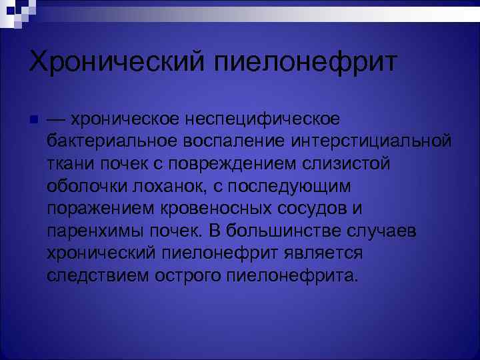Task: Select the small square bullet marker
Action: (33, 119)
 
